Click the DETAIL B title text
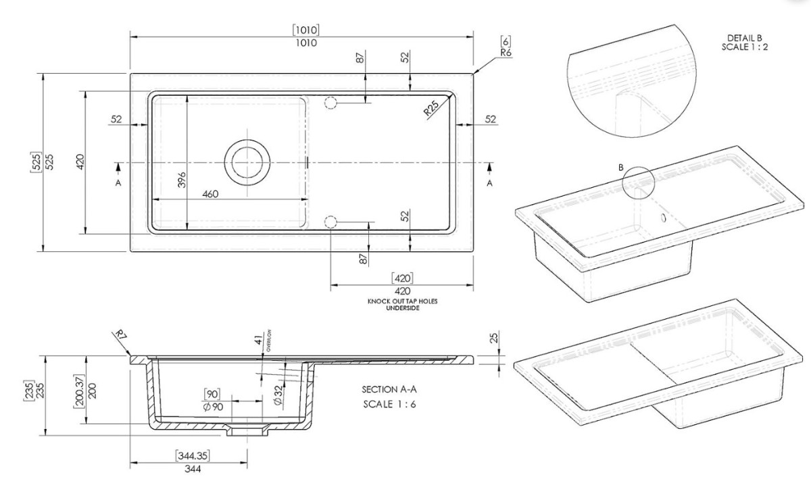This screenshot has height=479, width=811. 745,38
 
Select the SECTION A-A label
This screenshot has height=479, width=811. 389,389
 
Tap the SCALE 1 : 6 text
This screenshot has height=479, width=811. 389,404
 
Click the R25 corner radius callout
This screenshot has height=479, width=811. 431,108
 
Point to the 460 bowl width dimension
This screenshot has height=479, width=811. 210,194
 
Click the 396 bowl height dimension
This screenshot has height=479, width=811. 182,180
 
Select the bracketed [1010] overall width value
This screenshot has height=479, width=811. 306,30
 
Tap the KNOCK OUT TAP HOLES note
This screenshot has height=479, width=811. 403,301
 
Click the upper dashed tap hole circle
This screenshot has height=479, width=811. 330,103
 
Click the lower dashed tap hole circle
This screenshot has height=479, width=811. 330,222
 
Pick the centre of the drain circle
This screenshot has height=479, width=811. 247,163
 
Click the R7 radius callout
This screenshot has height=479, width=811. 120,334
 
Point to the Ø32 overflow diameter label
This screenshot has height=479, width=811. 278,395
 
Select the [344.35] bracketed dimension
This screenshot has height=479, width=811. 193,455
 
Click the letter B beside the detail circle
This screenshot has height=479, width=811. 621,168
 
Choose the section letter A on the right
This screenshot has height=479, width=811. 489,183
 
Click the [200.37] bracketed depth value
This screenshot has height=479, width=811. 79,391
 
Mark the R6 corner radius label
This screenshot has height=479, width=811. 506,53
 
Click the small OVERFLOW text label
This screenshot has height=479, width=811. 269,341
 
